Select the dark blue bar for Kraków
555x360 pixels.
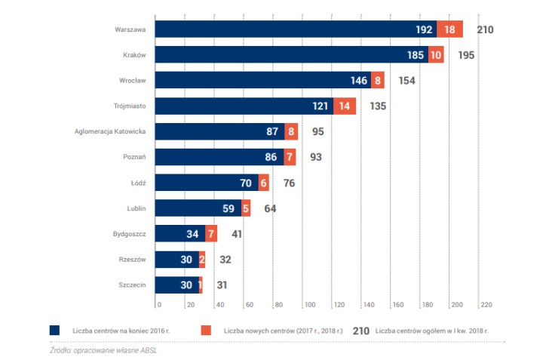coord(291,55)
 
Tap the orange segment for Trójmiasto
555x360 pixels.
coord(346,106)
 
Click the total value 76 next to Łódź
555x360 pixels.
coord(289,183)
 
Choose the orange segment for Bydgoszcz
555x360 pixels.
coord(210,235)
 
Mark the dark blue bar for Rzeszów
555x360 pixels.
coord(177,260)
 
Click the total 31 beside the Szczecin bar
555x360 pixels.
coord(222,286)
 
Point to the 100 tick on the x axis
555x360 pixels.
coord(310,305)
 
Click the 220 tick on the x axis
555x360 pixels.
coord(486,305)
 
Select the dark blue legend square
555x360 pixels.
coord(55,331)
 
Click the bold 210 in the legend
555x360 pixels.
coord(361,331)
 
